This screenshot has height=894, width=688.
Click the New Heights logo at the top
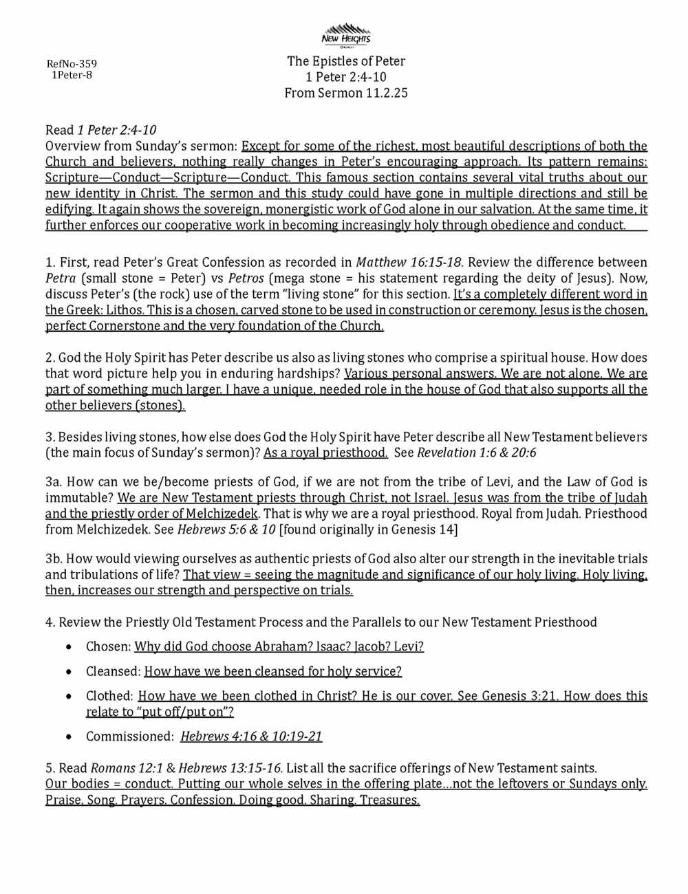[x=346, y=36]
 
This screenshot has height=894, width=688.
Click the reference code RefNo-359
[x=72, y=64]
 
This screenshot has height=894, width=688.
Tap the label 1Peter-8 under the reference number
[x=72, y=75]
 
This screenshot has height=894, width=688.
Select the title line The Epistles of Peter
[x=346, y=61]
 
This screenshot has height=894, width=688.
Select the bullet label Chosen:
[x=108, y=646]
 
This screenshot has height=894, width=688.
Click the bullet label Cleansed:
[x=113, y=671]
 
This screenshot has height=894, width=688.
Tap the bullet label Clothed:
[x=110, y=696]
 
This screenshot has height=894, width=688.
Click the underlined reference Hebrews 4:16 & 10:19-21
[x=251, y=737]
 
